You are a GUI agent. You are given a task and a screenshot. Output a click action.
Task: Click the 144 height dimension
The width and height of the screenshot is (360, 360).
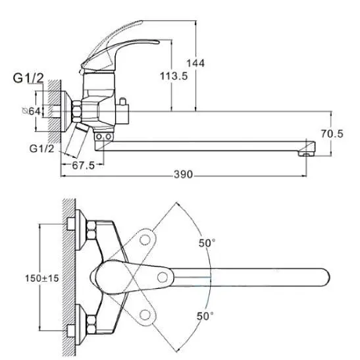pyautogui.click(x=195, y=63)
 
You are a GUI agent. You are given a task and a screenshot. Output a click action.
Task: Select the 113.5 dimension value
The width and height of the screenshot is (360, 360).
pyautogui.click(x=174, y=76)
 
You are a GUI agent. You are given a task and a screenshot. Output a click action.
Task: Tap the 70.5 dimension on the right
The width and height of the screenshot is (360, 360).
pyautogui.click(x=332, y=134)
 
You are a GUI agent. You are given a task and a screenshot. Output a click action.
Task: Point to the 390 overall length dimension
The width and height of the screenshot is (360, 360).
pyautogui.click(x=183, y=174)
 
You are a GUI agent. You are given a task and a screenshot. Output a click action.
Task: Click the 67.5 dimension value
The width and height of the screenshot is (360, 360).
pyautogui.click(x=84, y=165)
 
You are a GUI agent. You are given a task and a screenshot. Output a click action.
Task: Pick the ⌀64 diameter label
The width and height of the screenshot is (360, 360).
pyautogui.click(x=32, y=111)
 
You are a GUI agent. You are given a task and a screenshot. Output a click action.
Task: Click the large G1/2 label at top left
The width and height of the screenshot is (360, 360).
pyautogui.click(x=28, y=78)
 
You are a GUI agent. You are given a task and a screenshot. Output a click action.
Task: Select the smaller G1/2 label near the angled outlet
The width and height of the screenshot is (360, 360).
pyautogui.click(x=41, y=149)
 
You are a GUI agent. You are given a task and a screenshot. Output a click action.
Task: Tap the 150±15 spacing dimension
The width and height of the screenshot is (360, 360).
pyautogui.click(x=42, y=278)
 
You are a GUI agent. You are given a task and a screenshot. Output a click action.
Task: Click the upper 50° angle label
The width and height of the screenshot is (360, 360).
pyautogui.click(x=207, y=243)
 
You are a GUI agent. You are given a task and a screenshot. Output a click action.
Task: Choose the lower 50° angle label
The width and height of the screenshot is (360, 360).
pyautogui.click(x=205, y=316)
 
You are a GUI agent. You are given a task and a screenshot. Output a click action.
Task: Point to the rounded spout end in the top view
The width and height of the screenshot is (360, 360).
pyautogui.click(x=325, y=277)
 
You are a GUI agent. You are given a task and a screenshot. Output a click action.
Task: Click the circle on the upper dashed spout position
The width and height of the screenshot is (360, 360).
pyautogui.click(x=145, y=240)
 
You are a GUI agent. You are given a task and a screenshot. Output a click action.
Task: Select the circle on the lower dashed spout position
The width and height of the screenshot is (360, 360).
pyautogui.click(x=145, y=315)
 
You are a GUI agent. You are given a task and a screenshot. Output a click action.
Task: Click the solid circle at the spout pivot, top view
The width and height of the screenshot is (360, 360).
pyautogui.click(x=163, y=277)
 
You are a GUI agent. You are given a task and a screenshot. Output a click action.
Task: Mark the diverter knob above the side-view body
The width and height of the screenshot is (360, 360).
pyautogui.click(x=122, y=101)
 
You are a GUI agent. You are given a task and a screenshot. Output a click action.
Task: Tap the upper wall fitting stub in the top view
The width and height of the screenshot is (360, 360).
pyautogui.click(x=70, y=224)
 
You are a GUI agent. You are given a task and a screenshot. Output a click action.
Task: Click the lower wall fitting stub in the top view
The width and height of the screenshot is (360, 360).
pyautogui.click(x=70, y=331)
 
